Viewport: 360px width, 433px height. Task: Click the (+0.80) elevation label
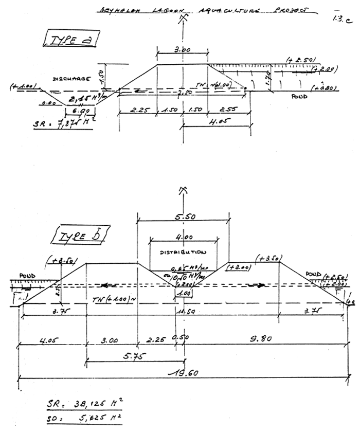pyautogui.click(x=325, y=88)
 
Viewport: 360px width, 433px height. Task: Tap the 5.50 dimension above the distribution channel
pyautogui.click(x=184, y=218)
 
